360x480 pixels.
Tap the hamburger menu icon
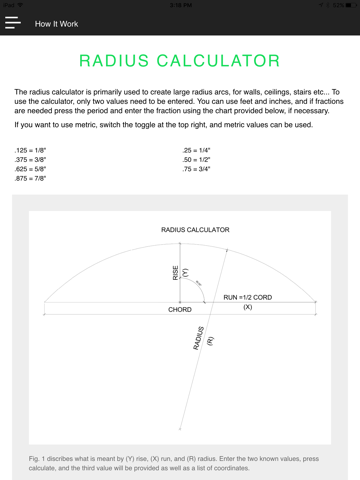coord(12,22)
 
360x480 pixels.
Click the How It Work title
coord(56,23)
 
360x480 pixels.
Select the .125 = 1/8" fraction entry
coord(30,149)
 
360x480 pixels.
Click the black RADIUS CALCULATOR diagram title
coord(195,230)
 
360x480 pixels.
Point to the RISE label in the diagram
coord(176,273)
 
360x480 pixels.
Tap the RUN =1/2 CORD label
coord(249,297)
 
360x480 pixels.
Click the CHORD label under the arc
coord(180,310)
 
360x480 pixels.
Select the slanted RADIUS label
coord(198,337)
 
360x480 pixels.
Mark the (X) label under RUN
coord(248,307)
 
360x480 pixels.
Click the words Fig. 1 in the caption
coord(38,455)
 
